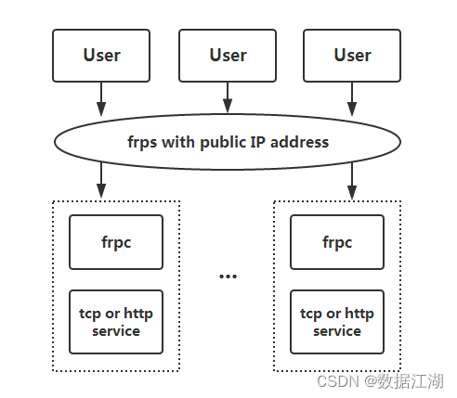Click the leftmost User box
pyautogui.click(x=101, y=55)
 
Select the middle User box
pyautogui.click(x=228, y=55)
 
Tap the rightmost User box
pyautogui.click(x=352, y=55)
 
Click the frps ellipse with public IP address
pyautogui.click(x=228, y=142)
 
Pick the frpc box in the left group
pyautogui.click(x=116, y=242)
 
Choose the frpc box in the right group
pyautogui.click(x=336, y=242)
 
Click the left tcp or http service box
pyautogui.click(x=116, y=322)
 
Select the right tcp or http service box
pyautogui.click(x=336, y=322)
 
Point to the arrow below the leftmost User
pyautogui.click(x=101, y=96)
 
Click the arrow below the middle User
pyautogui.click(x=228, y=96)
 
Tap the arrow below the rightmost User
pyautogui.click(x=352, y=96)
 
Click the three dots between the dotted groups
pyautogui.click(x=228, y=276)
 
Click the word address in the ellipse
pyautogui.click(x=299, y=142)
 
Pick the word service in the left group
pyautogui.click(x=116, y=330)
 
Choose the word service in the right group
pyautogui.click(x=336, y=330)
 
